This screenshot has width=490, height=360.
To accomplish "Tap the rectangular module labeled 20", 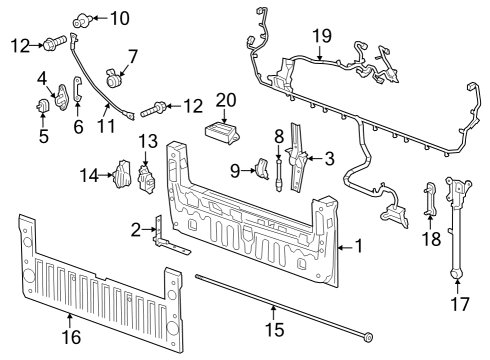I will (x=223, y=133).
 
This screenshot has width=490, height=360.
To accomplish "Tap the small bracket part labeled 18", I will (x=430, y=199).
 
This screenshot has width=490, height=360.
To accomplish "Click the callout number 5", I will (x=43, y=136).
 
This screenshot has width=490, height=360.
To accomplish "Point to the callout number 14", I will (x=90, y=176).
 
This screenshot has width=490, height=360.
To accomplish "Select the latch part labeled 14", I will (x=122, y=176).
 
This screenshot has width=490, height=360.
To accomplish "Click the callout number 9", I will (x=237, y=171).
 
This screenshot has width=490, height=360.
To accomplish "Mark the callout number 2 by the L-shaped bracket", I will (x=137, y=229).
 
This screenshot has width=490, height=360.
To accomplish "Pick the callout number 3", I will (x=328, y=157).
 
